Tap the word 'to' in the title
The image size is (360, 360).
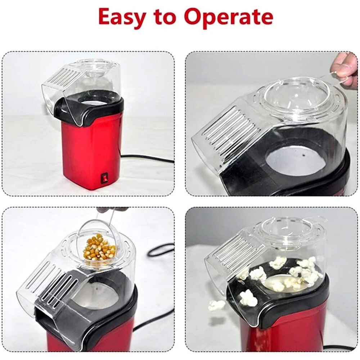click(164, 17)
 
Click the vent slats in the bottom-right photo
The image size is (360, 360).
click(234, 250)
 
